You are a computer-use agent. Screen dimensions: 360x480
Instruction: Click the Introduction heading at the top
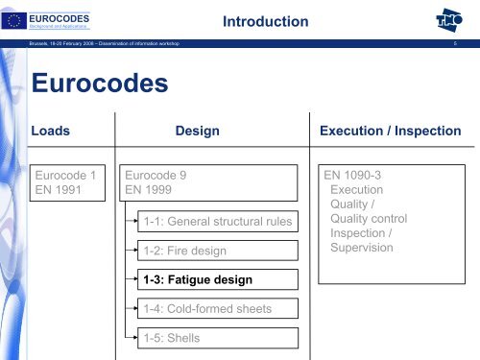tap(264, 21)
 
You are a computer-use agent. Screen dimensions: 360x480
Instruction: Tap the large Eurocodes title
tap(100, 84)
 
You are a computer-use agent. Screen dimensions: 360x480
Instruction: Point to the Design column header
tap(198, 130)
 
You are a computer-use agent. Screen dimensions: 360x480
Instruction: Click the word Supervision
tap(361, 248)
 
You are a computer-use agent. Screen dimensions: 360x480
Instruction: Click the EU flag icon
tap(16, 17)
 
